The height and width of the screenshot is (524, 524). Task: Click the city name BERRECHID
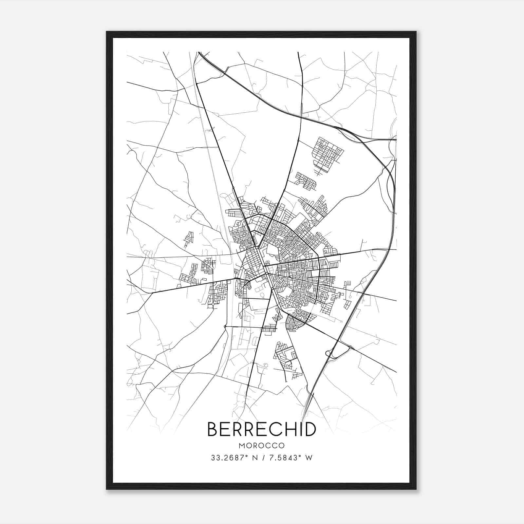click(x=262, y=429)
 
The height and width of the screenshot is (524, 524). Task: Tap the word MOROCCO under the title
click(x=262, y=446)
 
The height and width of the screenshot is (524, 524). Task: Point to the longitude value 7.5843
click(x=285, y=458)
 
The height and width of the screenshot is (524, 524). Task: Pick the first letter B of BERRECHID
click(x=213, y=429)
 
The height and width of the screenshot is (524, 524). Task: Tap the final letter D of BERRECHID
click(x=310, y=429)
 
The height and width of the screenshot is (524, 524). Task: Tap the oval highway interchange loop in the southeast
click(x=330, y=353)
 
